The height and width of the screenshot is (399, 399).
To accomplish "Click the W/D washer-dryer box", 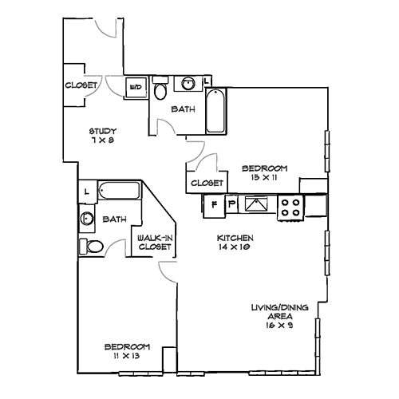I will tap(136, 86).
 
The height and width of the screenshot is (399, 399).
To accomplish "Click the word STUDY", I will tap(104, 132).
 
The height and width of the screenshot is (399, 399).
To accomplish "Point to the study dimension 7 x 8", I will tap(104, 140).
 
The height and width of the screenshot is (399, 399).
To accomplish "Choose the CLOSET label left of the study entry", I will tap(81, 85).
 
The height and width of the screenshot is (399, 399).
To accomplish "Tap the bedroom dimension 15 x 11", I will tap(264, 177).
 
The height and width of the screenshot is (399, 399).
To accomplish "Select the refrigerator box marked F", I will tap(214, 205).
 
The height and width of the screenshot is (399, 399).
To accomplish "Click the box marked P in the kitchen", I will tap(231, 205).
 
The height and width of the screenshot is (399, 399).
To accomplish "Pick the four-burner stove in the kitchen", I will tap(290, 208).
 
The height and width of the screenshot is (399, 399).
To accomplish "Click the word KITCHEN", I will tap(235, 239).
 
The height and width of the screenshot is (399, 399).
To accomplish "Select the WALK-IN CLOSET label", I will tap(153, 243).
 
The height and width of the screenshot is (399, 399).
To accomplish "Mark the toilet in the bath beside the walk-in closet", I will tap(91, 245).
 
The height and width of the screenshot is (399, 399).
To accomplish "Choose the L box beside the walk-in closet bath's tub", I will tap(86, 192).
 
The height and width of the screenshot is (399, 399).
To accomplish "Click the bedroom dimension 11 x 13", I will tap(128, 357).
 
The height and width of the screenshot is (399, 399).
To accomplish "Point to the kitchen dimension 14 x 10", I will tap(235, 248).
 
